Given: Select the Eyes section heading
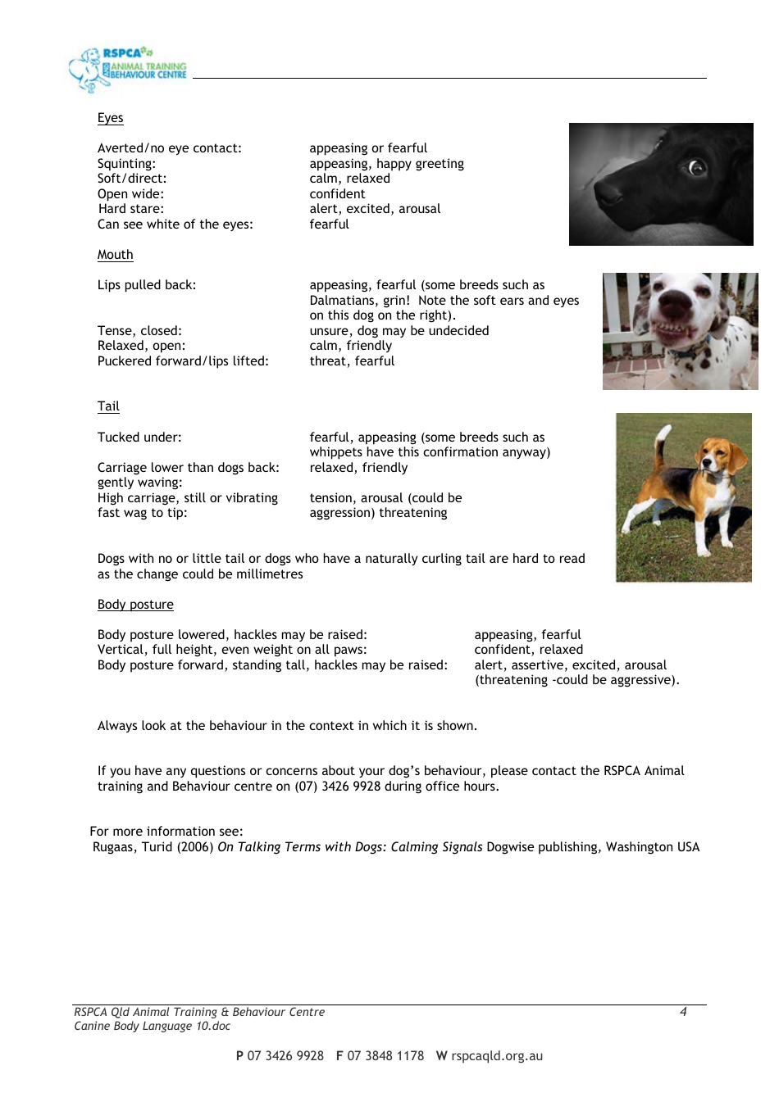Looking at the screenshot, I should pos(110,118).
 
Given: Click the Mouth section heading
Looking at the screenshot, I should pos(115,255).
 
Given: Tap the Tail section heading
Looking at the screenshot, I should pos(108,406).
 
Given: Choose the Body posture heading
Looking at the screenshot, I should pos(135,605).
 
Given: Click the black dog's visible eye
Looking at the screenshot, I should pos(697,168).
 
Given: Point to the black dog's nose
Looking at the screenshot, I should pos(609,193).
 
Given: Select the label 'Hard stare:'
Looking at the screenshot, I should pos(130,209).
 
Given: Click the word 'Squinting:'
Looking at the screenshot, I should pos(126,164).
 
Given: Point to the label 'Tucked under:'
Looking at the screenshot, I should pos(139,438).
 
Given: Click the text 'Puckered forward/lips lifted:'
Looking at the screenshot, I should pos(183,361).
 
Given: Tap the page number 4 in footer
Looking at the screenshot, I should pos(683,1012).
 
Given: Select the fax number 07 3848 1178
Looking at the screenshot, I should pos(385,1056).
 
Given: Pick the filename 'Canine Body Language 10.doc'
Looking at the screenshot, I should pos(152,1026).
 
